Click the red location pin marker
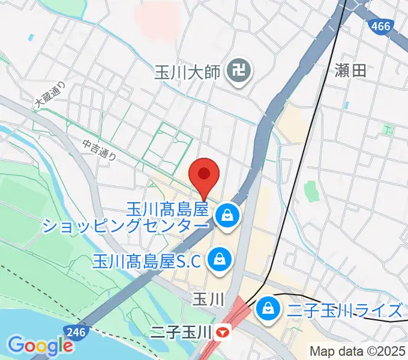[x=203, y=175]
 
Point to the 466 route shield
[x=382, y=26]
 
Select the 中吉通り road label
[x=100, y=148]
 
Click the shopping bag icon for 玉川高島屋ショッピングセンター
[x=227, y=215]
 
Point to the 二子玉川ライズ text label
[x=343, y=310]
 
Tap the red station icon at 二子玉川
[x=223, y=331]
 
